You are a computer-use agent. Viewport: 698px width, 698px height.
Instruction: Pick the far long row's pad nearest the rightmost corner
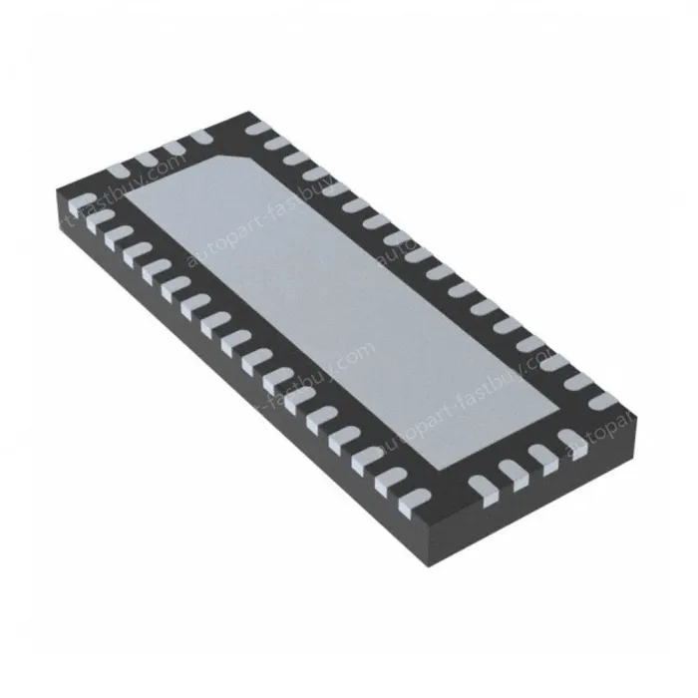[x=602, y=401]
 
